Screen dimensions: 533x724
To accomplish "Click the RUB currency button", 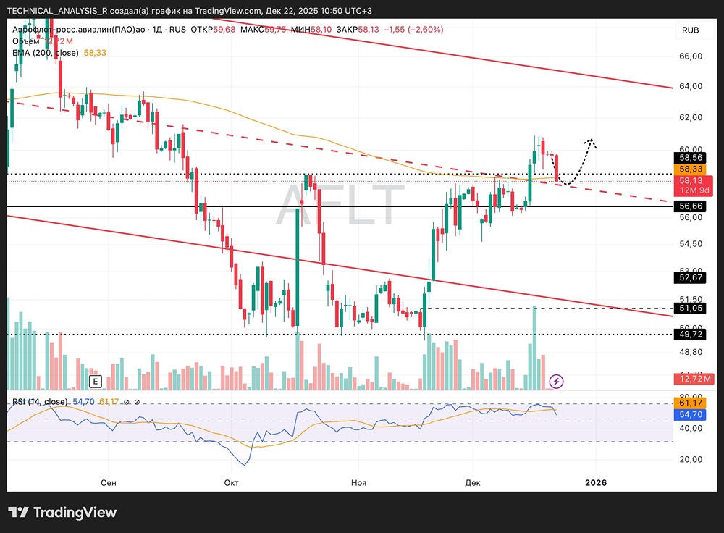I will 690,30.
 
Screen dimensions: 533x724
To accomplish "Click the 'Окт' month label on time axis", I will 232,482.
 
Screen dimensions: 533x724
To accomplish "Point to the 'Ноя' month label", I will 358,482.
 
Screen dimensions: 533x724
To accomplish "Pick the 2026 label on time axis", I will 596,482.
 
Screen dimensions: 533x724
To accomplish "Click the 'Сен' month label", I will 109,482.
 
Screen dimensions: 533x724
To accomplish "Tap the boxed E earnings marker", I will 95,381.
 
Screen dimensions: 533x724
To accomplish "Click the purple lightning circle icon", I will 556,381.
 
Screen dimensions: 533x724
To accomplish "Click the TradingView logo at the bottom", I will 63,513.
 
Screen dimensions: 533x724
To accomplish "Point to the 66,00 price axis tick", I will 690,56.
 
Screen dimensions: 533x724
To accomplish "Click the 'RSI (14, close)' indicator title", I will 40,402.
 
